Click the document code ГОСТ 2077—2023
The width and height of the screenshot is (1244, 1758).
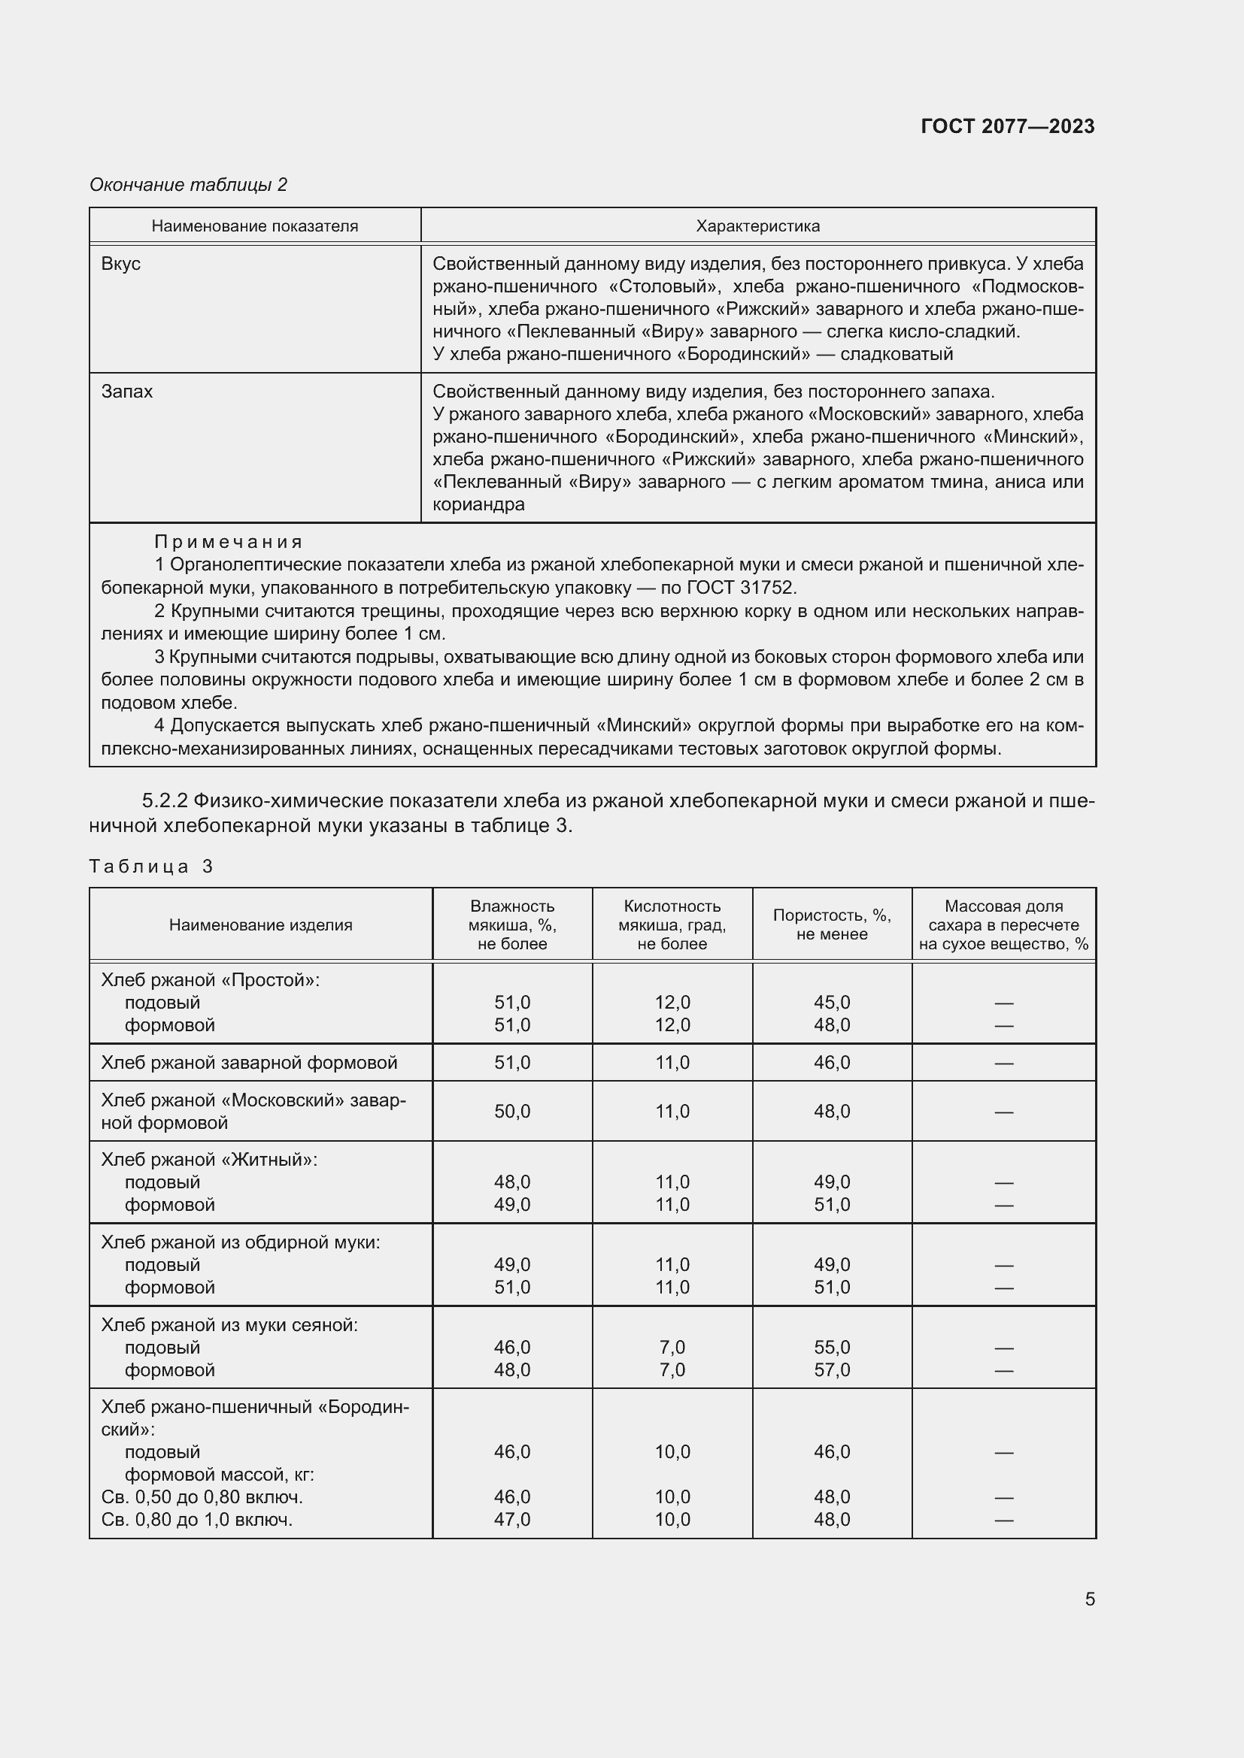1007,126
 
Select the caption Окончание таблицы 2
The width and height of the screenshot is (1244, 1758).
189,185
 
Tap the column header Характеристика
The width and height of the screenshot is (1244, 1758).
757,226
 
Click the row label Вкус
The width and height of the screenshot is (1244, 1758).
121,263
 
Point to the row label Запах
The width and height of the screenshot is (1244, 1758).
127,392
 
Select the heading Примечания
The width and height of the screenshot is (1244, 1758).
229,542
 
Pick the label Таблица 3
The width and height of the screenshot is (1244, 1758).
151,866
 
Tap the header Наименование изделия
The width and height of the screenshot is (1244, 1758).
260,925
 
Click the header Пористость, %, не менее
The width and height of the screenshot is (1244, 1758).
831,924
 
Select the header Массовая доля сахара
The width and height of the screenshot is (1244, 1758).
1003,924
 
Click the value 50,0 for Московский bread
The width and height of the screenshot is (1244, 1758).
511,1111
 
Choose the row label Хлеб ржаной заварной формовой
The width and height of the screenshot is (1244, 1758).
249,1062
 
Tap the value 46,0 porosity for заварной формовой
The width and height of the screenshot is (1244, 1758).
831,1062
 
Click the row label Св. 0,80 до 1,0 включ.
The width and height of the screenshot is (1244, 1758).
197,1519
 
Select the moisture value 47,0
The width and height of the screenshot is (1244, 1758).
511,1519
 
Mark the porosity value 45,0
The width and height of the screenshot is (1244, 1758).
831,1003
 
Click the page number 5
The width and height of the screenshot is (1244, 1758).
1089,1599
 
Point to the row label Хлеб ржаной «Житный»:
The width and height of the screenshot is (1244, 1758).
209,1159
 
